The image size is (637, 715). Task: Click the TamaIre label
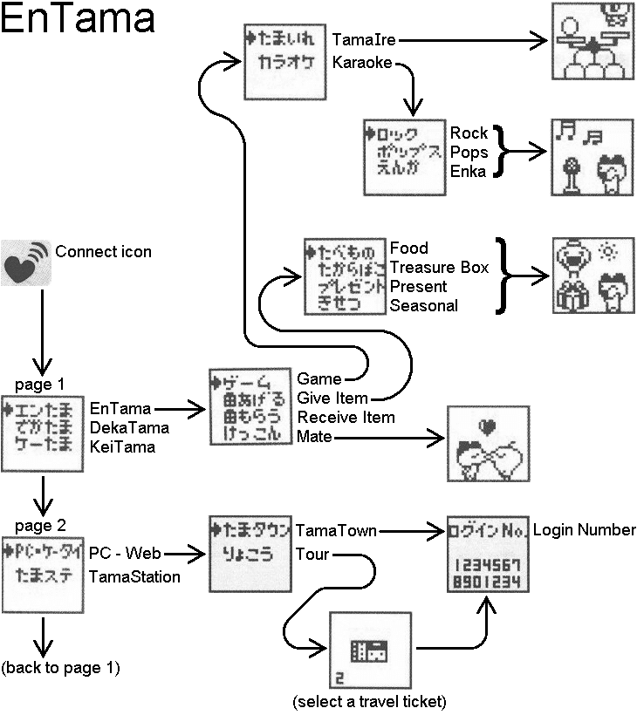pyautogui.click(x=362, y=39)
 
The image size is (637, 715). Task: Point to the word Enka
pyautogui.click(x=469, y=172)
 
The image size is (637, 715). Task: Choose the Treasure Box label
pyautogui.click(x=439, y=268)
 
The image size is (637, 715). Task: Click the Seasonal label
pyautogui.click(x=423, y=306)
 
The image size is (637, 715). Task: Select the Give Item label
pyautogui.click(x=332, y=398)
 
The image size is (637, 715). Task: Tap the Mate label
pyautogui.click(x=314, y=437)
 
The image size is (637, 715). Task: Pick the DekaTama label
pyautogui.click(x=128, y=427)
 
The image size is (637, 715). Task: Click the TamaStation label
pyautogui.click(x=134, y=576)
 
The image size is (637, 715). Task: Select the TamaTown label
pyautogui.click(x=336, y=530)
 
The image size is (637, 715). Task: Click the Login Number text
pyautogui.click(x=584, y=530)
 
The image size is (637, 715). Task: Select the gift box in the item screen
pyautogui.click(x=571, y=296)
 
